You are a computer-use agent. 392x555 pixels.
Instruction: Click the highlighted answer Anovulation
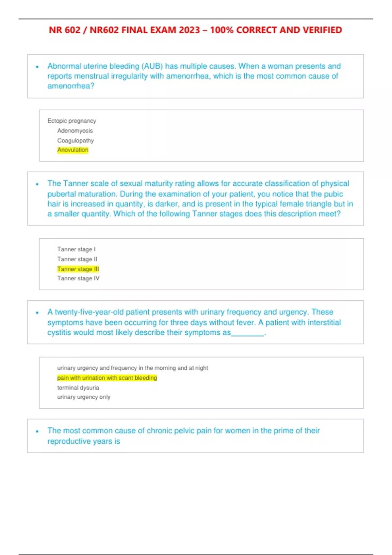tap(73, 150)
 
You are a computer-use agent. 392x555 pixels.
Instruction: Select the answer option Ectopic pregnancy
tap(72, 121)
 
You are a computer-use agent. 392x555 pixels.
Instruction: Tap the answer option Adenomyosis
tap(75, 131)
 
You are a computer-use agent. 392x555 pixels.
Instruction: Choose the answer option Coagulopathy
tap(75, 140)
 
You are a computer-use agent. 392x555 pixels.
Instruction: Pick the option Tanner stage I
tap(76, 249)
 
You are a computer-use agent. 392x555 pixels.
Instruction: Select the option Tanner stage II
tap(77, 259)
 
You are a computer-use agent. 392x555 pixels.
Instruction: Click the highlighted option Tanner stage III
tap(78, 269)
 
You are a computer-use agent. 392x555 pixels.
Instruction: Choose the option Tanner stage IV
tap(78, 278)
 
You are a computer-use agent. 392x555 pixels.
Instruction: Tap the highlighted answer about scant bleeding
tap(107, 378)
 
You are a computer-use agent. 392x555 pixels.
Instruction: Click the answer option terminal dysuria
tap(78, 388)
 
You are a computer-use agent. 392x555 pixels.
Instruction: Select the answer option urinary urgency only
tap(84, 397)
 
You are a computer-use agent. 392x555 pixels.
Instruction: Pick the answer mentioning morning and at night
tap(132, 368)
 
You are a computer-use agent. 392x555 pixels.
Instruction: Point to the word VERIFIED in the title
tap(322, 30)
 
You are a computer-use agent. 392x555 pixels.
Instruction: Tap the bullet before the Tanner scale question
tap(37, 184)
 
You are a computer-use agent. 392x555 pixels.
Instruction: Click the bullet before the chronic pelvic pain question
tap(37, 431)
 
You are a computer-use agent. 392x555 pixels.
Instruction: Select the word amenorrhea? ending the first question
tap(71, 86)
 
